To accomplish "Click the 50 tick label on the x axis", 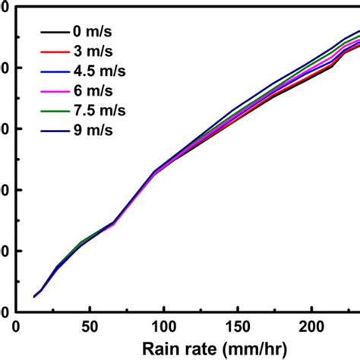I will click(x=90, y=327).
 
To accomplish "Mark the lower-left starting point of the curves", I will click(x=34, y=297).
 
